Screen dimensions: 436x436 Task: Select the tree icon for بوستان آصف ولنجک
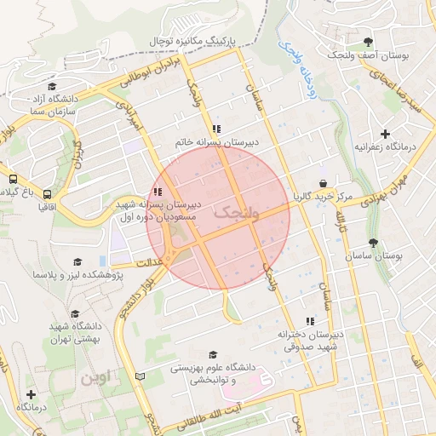(x=368, y=41)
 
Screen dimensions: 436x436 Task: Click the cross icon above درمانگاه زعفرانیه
(x=386, y=134)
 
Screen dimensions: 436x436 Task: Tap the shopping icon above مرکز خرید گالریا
(x=323, y=183)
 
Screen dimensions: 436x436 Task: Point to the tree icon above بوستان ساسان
(x=372, y=243)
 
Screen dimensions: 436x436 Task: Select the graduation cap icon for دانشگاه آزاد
(x=53, y=86)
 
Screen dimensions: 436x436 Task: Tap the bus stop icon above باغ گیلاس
(x=13, y=179)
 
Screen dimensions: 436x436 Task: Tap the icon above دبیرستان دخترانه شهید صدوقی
(x=310, y=321)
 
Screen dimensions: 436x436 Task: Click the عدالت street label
(x=145, y=262)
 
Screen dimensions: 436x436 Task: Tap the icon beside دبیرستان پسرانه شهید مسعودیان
(x=156, y=192)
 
